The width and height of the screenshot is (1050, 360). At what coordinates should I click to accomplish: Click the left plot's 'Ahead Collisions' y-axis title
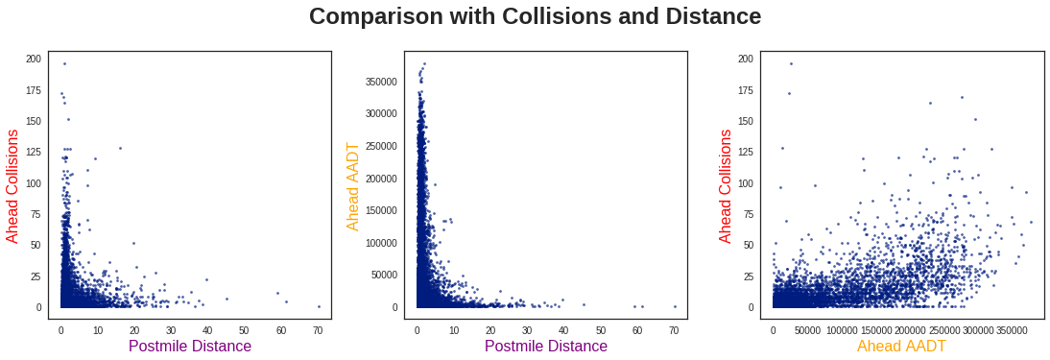coord(12,185)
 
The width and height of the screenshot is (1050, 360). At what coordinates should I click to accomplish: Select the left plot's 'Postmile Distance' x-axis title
coord(190,346)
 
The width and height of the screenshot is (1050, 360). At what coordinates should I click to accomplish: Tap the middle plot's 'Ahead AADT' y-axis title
coord(353,185)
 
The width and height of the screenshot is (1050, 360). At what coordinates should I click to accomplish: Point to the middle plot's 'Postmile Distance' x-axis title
coord(546,346)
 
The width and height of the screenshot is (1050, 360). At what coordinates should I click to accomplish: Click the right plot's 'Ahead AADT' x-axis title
coord(901,346)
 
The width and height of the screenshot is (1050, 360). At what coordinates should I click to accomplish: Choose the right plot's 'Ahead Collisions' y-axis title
coord(726,185)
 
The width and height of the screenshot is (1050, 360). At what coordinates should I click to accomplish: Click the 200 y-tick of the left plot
coord(34,59)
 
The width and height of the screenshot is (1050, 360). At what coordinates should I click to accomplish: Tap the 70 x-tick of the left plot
coord(319,330)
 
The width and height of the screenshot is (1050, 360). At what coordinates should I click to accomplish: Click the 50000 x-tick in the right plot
coord(807,330)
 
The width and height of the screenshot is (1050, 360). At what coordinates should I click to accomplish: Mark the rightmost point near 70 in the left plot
coord(319,306)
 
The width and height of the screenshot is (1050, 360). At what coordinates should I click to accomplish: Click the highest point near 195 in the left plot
coord(64,64)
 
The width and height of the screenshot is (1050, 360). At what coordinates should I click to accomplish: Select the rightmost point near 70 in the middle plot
coord(675,306)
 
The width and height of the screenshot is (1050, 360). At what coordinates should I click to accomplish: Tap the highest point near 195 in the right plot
coord(791,64)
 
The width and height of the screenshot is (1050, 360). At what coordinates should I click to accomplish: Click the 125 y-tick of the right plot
coord(746,152)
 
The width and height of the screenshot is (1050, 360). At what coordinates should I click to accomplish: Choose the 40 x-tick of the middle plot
coord(564,330)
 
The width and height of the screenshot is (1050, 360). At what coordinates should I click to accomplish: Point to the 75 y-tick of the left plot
coord(36,214)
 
